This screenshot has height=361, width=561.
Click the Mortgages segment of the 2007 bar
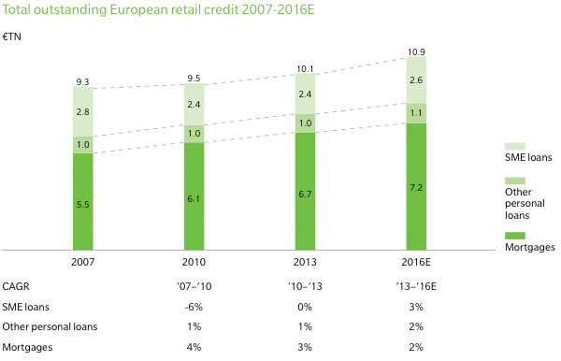[84, 202]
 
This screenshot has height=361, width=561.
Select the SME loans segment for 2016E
[416, 80]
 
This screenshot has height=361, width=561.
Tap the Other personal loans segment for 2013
[305, 123]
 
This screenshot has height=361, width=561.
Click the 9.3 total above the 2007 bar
[84, 83]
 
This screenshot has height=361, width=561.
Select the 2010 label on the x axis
[194, 262]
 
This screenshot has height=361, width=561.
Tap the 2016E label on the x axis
[416, 262]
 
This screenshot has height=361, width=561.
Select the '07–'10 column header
[194, 287]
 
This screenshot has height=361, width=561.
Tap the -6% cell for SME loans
[194, 307]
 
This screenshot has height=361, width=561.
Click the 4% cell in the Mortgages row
[194, 346]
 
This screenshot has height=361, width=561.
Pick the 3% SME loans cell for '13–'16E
[416, 307]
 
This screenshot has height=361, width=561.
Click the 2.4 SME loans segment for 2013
[305, 94]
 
